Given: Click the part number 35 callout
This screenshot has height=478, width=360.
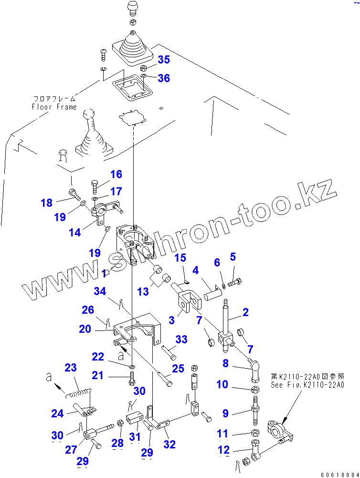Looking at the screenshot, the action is pyautogui.click(x=164, y=60).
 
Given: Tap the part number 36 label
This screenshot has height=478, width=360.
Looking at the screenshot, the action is pyautogui.click(x=164, y=78).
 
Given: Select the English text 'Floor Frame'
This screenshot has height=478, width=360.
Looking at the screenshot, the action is pyautogui.click(x=54, y=107).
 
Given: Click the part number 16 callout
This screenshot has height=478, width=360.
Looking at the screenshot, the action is pyautogui.click(x=116, y=174).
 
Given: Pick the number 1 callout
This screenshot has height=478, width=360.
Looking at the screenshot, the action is pyautogui.click(x=104, y=274).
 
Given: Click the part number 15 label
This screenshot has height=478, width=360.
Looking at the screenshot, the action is pyautogui.click(x=180, y=258).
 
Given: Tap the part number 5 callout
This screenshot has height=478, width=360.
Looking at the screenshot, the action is pyautogui.click(x=233, y=257).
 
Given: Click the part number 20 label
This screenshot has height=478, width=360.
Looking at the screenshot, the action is pyautogui.click(x=85, y=329).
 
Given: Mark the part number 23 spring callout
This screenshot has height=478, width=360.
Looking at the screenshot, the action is pyautogui.click(x=70, y=368).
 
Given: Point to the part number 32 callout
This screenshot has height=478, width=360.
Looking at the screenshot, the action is pyautogui.click(x=169, y=445).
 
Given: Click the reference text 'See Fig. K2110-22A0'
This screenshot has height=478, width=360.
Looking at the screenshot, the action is pyautogui.click(x=307, y=386).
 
